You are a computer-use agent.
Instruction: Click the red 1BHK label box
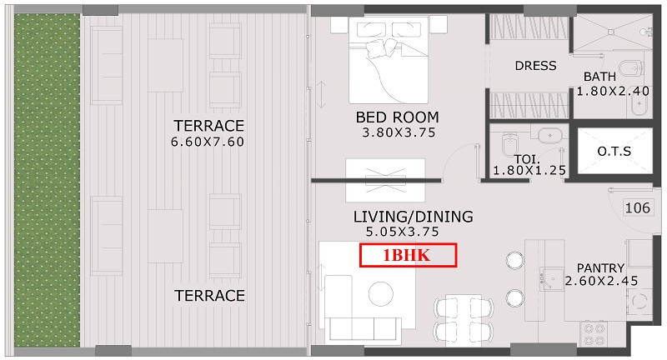pos(408,255)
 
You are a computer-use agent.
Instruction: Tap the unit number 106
pos(637,207)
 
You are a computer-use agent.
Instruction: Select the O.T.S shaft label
pos(614,152)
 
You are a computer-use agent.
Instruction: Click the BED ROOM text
pos(398,117)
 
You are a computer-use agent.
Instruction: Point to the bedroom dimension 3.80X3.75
pos(399,132)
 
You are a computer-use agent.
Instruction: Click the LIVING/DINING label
pos(413,217)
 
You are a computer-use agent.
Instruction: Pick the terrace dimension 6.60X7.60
pos(208,142)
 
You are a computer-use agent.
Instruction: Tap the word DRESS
pos(535,66)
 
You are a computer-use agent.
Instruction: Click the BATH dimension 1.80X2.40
pos(613,92)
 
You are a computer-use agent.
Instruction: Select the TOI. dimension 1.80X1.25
pos(529,171)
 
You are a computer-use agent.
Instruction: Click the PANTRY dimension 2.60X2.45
pos(601,281)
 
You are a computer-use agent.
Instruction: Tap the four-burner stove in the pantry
pos(594,334)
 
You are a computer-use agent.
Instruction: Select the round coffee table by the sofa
pos(381,293)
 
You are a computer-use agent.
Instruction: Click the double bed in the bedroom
pos(389,60)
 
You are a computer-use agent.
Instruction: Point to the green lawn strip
pos(47,180)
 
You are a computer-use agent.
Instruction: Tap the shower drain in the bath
pos(611,32)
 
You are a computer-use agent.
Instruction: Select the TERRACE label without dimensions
pos(210,296)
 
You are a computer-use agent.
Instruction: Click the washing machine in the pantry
pos(639,301)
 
